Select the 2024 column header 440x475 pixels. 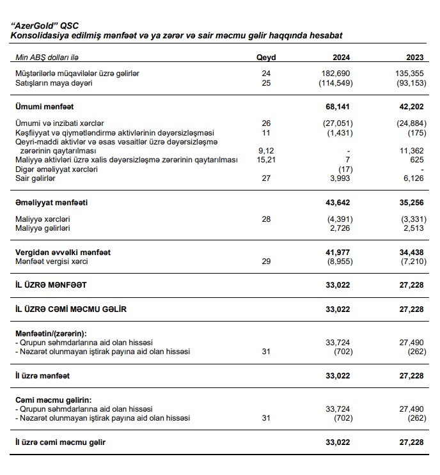340,57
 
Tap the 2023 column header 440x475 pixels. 414,57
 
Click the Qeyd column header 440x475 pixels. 265,57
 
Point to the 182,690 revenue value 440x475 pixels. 337,74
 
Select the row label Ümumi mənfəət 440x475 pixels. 49,106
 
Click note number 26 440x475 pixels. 266,123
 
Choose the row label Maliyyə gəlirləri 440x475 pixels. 43,228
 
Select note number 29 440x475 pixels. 266,261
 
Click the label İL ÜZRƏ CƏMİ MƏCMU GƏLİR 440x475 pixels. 71,309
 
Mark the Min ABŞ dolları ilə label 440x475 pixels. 45,57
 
